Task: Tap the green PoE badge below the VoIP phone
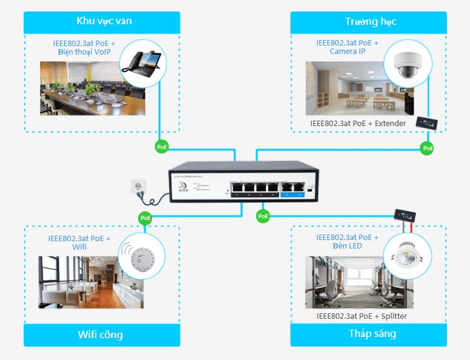point(161,147)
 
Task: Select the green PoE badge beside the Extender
point(428,147)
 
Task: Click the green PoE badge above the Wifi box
point(145,218)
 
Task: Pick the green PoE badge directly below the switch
point(263,215)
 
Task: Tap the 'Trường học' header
point(371,22)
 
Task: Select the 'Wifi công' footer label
point(101,335)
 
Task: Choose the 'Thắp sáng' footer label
point(372,334)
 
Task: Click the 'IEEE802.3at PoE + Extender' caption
point(358,124)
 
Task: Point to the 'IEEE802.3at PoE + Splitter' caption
point(361,316)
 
